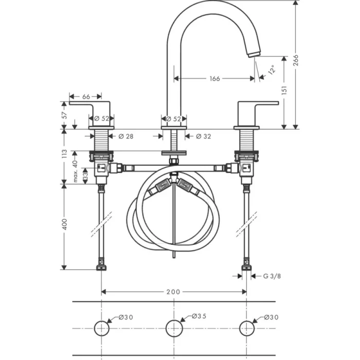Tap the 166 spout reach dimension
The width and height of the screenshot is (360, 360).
pyautogui.click(x=214, y=79)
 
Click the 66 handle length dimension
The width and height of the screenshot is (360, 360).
pyautogui.click(x=86, y=97)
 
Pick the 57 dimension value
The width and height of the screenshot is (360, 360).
pyautogui.click(x=64, y=114)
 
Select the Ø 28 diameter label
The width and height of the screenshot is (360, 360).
pyautogui.click(x=126, y=136)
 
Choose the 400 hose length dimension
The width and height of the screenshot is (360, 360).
pyautogui.click(x=64, y=225)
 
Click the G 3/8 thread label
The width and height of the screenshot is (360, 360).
pyautogui.click(x=272, y=276)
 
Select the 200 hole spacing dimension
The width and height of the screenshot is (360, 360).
pyautogui.click(x=173, y=292)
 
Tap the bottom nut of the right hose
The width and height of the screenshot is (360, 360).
pyautogui.click(x=246, y=266)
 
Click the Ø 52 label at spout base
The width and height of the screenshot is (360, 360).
pyautogui.click(x=174, y=119)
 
